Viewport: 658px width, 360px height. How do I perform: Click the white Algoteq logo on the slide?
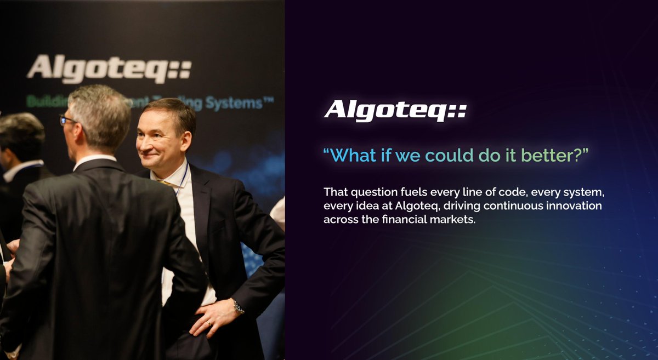click(395, 110)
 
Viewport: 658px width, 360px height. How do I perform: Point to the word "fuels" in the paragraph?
click(417, 193)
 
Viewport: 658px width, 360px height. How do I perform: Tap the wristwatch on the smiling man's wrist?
click(238, 306)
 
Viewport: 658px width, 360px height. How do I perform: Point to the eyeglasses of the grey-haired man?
click(67, 119)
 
